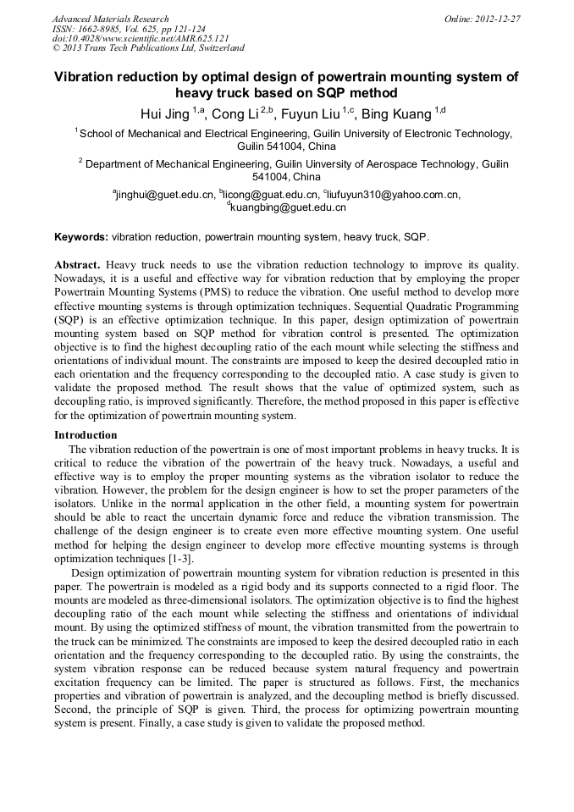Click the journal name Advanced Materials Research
[110, 19]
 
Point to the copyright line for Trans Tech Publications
[148, 48]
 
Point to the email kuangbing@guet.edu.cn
[287, 207]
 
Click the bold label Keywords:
[81, 237]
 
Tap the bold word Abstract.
[78, 264]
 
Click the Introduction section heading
[86, 435]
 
